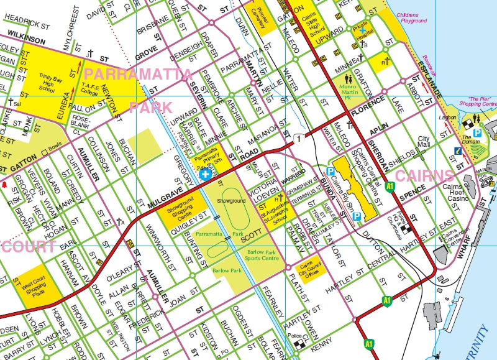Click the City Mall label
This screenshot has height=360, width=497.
point(424,142)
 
